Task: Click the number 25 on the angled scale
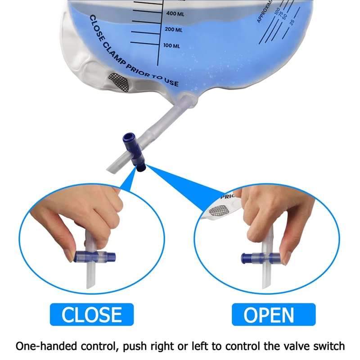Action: point(293,21)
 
